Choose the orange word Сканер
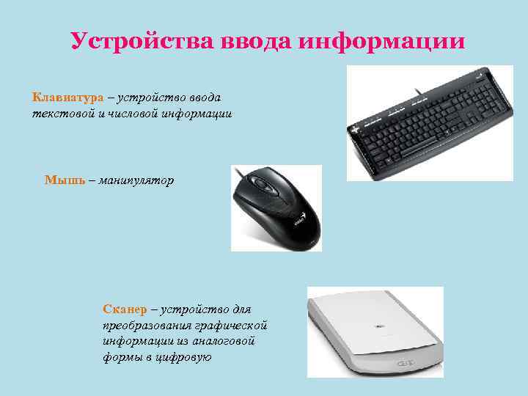125,309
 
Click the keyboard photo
429,125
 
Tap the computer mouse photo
276,210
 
